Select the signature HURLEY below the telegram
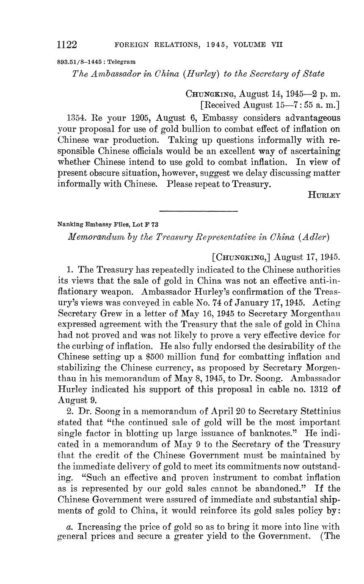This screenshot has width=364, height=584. tap(325, 195)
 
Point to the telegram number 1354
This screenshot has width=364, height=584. tap(75, 117)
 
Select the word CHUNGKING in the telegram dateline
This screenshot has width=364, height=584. tap(209, 94)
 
